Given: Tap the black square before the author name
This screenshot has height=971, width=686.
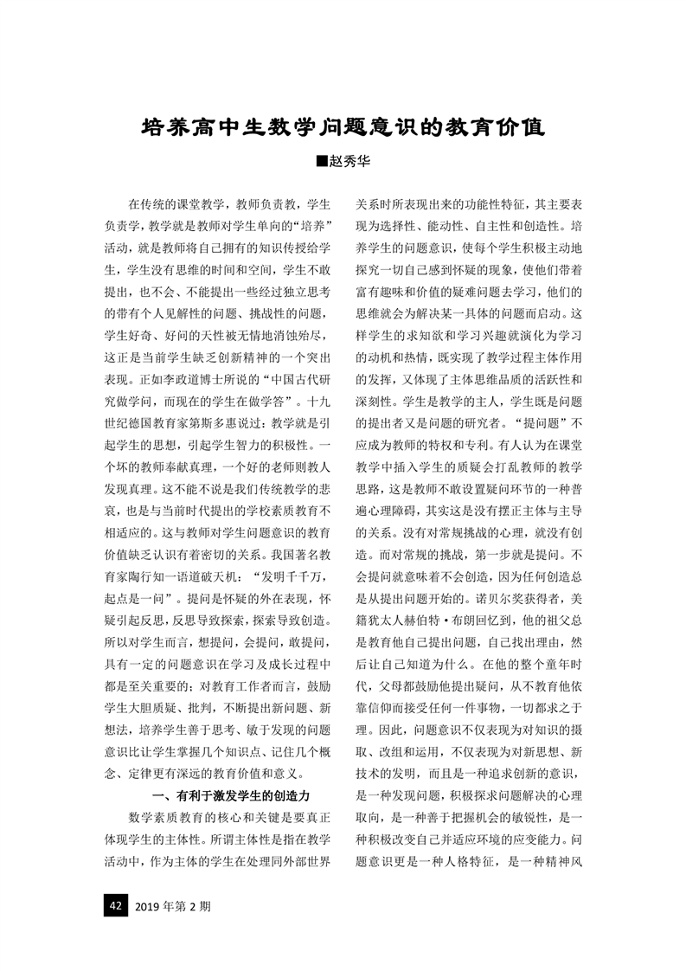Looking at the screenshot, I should tap(323, 163).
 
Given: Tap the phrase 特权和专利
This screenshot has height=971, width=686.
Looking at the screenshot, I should tap(475, 444).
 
